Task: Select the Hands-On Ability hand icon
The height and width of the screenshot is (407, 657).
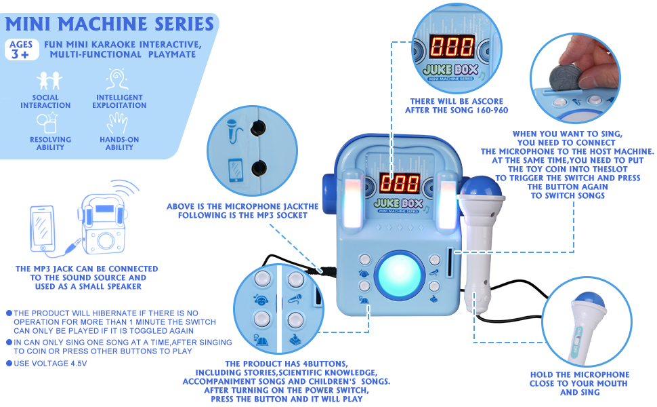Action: (x=119, y=123)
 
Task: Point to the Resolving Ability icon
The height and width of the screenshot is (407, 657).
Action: (x=48, y=123)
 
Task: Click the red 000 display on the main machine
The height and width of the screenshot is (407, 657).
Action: (x=399, y=182)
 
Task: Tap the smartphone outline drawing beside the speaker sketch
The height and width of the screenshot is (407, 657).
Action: (x=43, y=227)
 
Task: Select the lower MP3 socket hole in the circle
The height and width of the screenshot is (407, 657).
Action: (x=257, y=168)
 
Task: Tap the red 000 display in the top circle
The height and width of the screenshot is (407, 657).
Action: (x=452, y=47)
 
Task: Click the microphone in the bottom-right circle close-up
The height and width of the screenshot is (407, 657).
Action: (x=580, y=319)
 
